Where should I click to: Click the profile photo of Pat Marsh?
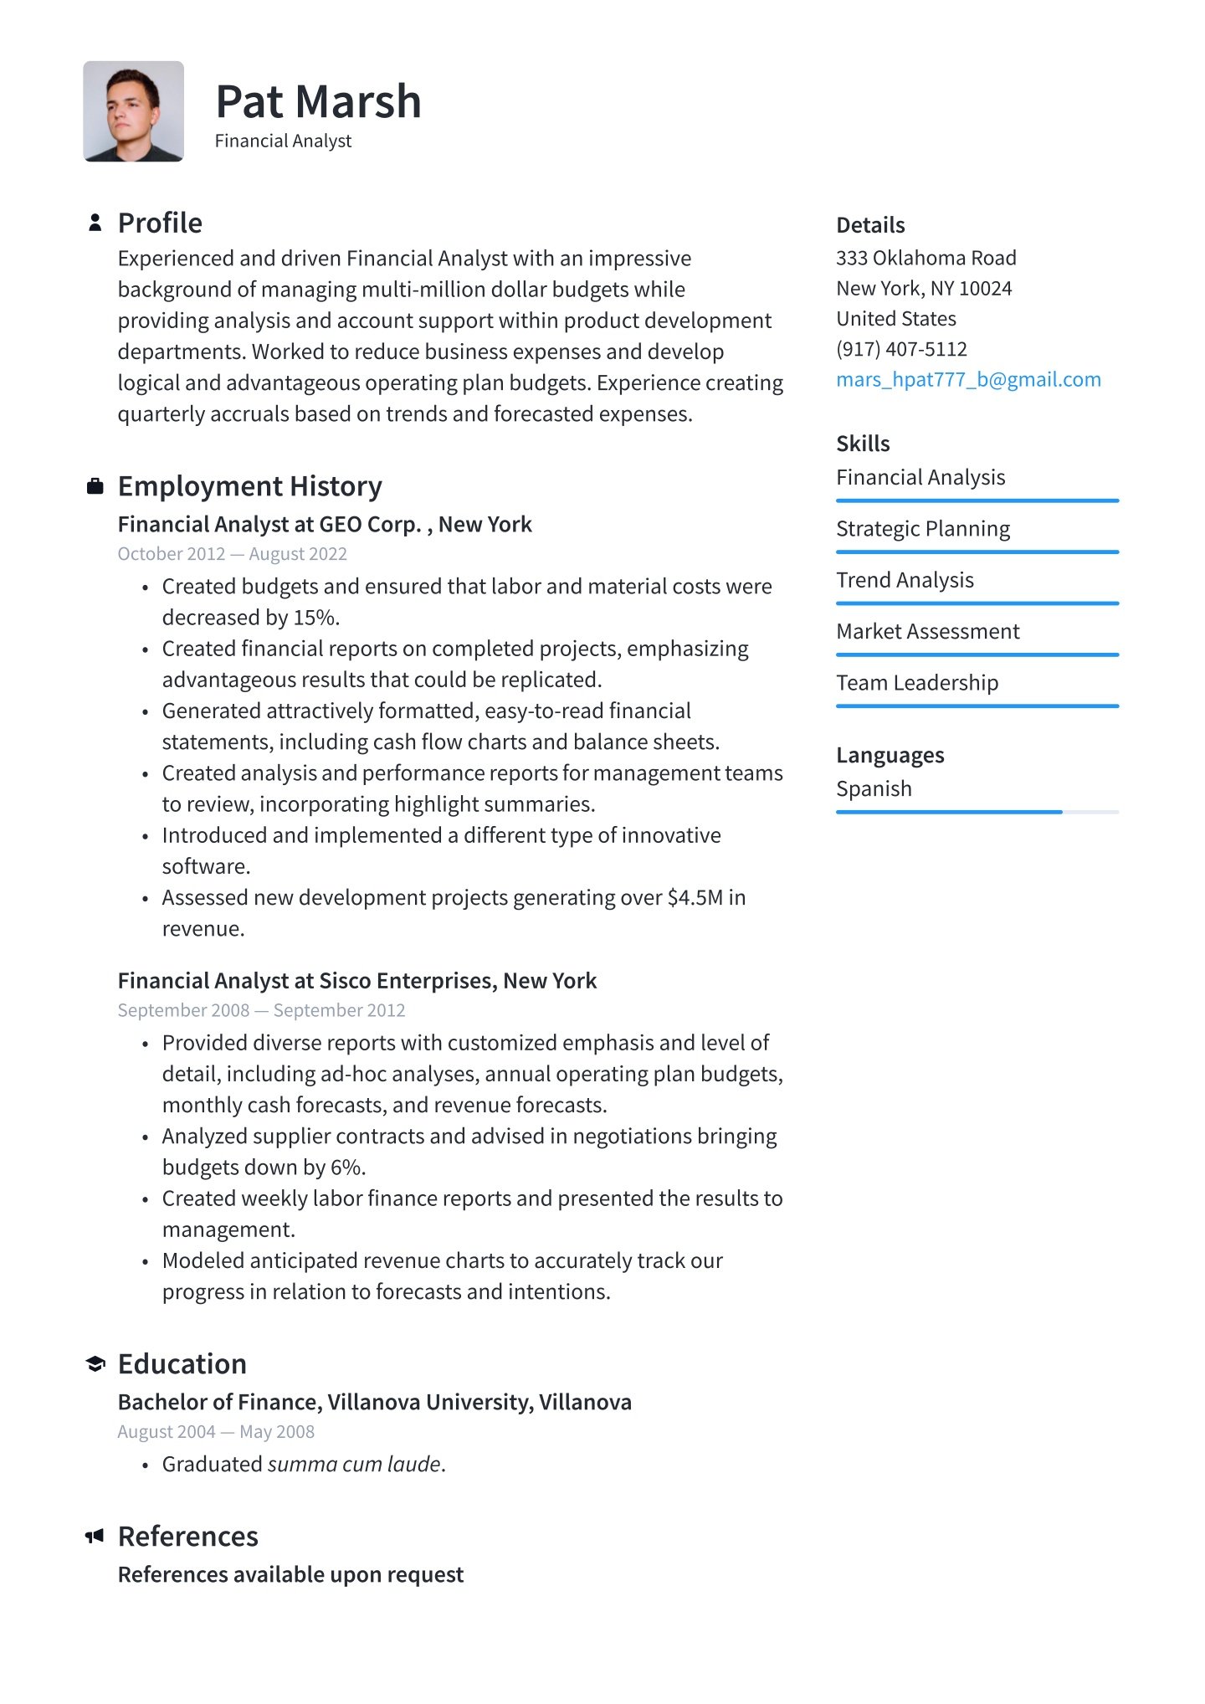pos(133,111)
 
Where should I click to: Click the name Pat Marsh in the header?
pos(318,102)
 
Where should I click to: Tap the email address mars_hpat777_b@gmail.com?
pos(968,380)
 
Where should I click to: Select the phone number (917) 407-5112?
pos(901,349)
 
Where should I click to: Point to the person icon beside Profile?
pos(95,223)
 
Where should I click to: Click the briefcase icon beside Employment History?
pos(95,486)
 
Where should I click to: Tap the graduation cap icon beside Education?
pos(95,1364)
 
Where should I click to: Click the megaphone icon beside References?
pos(95,1536)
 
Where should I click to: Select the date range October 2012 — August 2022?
pos(232,554)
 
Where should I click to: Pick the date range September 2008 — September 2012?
pos(261,1010)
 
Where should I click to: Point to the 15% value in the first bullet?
pos(315,618)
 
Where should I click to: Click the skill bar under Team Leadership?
pos(977,706)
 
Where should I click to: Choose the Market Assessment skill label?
pos(927,632)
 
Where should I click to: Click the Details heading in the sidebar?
pos(870,225)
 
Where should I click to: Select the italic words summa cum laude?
pos(354,1465)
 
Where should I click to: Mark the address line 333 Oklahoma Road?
pos(926,258)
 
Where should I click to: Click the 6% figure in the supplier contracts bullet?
pos(347,1168)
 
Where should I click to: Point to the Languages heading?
pos(890,756)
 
